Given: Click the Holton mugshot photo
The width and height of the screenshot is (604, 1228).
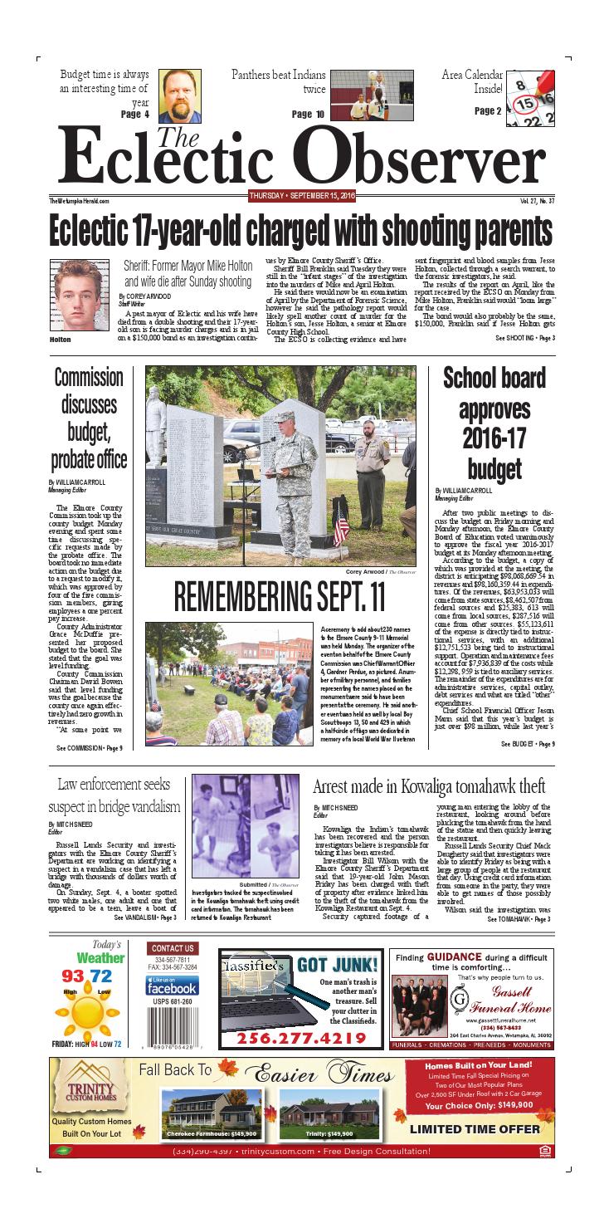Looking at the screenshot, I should point(77,295).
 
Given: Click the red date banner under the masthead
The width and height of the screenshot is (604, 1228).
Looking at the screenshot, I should point(290,196).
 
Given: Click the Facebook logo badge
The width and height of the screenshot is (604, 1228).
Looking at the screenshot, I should point(173,986).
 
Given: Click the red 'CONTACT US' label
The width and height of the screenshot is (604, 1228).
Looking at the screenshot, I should point(173,948).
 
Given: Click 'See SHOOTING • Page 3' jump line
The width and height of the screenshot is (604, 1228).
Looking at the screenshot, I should point(525,338).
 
